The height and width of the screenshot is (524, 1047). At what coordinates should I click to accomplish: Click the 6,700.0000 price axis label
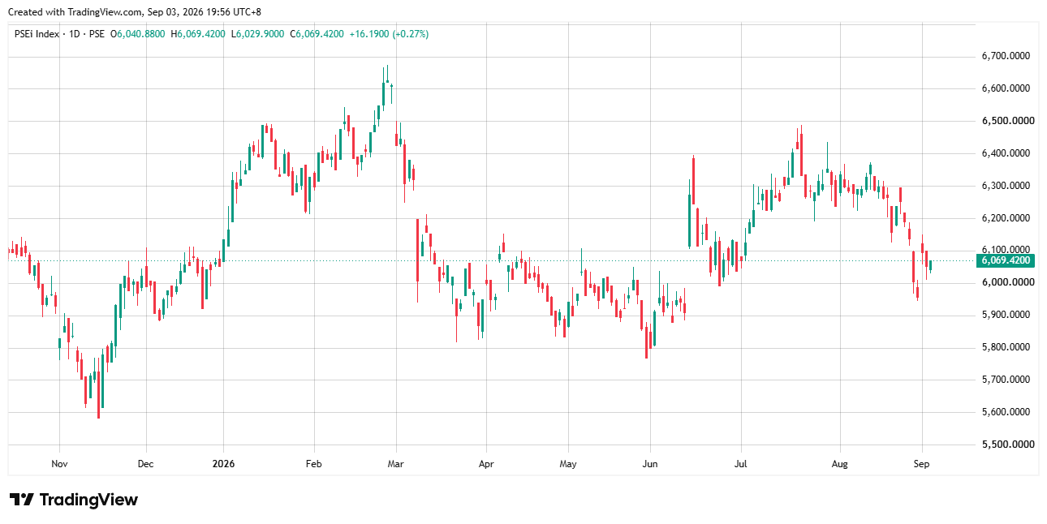pyautogui.click(x=1006, y=56)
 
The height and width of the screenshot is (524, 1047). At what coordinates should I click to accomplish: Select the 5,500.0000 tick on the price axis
pyautogui.click(x=1008, y=445)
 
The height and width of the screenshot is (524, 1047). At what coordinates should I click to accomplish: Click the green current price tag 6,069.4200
pyautogui.click(x=1006, y=260)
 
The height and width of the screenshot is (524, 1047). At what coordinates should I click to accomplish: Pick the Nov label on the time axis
pyautogui.click(x=59, y=464)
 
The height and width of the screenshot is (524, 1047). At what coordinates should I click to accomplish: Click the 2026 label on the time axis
pyautogui.click(x=223, y=464)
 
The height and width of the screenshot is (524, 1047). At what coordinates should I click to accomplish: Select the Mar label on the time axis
pyautogui.click(x=396, y=464)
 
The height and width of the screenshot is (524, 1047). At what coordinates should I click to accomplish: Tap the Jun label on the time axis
pyautogui.click(x=650, y=464)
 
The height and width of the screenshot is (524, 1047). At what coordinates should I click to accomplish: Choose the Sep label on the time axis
pyautogui.click(x=922, y=464)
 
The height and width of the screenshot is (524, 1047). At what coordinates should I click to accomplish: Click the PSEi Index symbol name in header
pyautogui.click(x=37, y=34)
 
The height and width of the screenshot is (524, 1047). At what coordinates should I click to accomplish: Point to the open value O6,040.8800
pyautogui.click(x=137, y=34)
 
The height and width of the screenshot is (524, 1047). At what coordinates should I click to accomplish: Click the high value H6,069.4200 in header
pyautogui.click(x=198, y=34)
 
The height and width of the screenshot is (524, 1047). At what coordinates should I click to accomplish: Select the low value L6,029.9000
pyautogui.click(x=257, y=34)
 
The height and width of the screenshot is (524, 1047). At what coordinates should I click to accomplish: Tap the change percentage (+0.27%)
pyautogui.click(x=411, y=34)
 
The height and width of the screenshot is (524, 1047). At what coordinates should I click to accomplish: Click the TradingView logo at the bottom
pyautogui.click(x=74, y=500)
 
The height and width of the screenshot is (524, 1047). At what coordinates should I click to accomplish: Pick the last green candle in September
pyautogui.click(x=931, y=266)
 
